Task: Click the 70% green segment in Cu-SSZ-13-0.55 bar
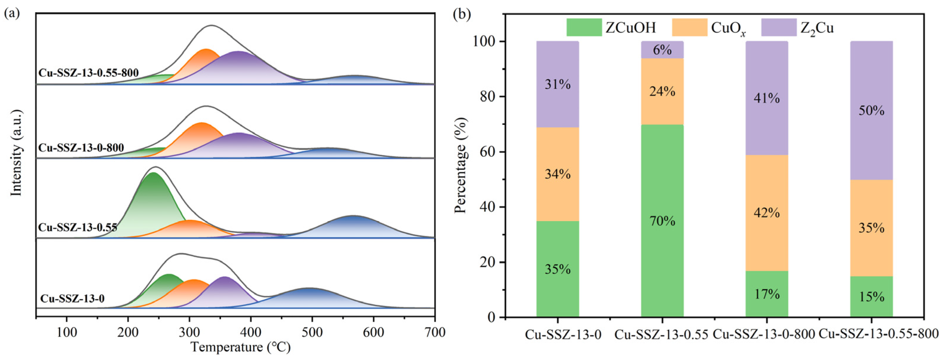[662, 221]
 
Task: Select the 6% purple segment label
[662, 50]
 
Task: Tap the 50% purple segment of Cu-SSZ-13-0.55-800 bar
[871, 110]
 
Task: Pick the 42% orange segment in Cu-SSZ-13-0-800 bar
[767, 212]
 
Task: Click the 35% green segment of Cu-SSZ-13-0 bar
[558, 269]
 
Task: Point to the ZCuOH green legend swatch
[584, 27]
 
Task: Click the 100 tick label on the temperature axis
[66, 332]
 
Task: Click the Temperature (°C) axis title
[240, 347]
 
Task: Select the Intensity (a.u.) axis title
[16, 152]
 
